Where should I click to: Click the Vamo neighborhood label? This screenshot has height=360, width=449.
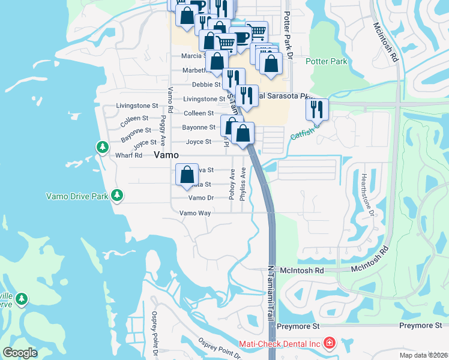coord(166,155)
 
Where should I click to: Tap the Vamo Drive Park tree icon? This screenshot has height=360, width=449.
coord(117,195)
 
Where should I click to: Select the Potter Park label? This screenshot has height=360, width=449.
coord(325,61)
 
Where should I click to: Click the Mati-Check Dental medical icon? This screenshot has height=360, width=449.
coord(329,344)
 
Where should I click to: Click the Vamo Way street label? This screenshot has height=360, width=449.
coord(195,213)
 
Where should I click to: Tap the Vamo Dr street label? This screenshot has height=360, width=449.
coord(201,197)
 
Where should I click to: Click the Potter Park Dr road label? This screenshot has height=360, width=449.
coord(288,36)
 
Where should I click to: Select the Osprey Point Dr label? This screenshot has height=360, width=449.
coord(220,347)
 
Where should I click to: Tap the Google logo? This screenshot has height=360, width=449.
coord(20,353)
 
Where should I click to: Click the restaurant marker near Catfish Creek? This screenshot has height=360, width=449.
coord(317,109)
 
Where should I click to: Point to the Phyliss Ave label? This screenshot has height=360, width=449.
coord(243,181)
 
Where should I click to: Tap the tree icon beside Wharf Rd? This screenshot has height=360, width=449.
coord(103,146)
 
